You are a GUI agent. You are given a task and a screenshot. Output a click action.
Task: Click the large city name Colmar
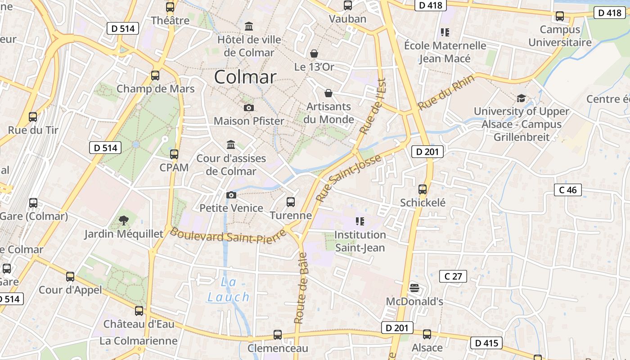245,77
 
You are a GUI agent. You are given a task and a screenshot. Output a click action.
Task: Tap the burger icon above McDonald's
414,288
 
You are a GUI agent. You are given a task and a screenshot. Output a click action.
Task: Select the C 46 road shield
567,190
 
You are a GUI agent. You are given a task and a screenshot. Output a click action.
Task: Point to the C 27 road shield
453,276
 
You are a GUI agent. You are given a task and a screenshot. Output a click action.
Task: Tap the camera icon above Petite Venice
231,195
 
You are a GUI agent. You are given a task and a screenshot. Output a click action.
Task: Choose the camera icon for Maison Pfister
248,108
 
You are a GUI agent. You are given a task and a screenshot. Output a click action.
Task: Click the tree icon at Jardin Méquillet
123,220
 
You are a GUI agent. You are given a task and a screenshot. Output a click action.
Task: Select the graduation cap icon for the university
521,98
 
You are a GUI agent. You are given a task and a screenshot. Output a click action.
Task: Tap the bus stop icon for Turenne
291,202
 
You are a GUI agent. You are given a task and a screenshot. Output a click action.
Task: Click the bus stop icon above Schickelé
423,189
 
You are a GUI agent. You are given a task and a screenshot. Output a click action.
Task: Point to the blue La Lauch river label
229,290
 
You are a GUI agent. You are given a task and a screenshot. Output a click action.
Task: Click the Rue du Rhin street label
446,93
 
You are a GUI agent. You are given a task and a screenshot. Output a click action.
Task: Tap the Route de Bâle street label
300,288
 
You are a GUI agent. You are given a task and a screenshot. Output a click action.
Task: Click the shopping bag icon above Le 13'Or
314,54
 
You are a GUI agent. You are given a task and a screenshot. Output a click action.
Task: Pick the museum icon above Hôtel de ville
248,26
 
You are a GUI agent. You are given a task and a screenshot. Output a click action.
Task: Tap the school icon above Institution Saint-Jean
360,221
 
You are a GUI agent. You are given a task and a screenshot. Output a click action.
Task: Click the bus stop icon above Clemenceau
278,335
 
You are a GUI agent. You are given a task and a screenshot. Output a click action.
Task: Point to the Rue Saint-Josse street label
348,178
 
